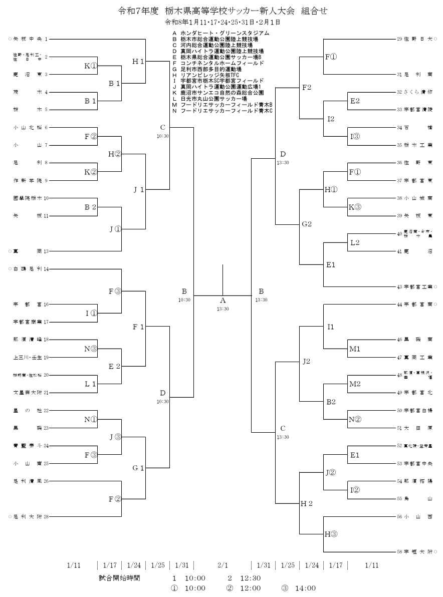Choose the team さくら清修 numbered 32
point(417,92)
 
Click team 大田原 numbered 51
point(418,429)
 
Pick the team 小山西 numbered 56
point(418,516)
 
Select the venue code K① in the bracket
point(91,65)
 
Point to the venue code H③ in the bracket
point(331,534)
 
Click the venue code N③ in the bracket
point(91,349)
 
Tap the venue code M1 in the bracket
point(355,349)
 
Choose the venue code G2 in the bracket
point(307,224)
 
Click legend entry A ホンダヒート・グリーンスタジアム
point(220,33)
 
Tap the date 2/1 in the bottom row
point(223,565)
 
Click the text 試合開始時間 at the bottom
point(120,578)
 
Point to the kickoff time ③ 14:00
point(301,588)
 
